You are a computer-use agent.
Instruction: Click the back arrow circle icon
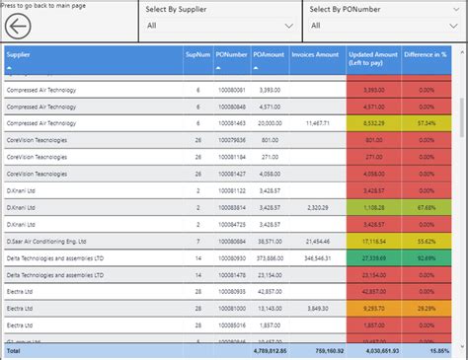[19, 24]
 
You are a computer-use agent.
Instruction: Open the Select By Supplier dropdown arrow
[288, 26]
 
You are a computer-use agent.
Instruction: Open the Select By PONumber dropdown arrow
[452, 26]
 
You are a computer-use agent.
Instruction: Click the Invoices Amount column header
[315, 55]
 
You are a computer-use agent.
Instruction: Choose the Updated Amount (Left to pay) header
[373, 59]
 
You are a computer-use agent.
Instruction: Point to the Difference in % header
[426, 55]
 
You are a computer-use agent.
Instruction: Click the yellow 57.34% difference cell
[426, 122]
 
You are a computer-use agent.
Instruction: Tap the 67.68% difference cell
[426, 207]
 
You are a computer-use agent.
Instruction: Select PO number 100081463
[231, 122]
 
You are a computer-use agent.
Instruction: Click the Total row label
[14, 350]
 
